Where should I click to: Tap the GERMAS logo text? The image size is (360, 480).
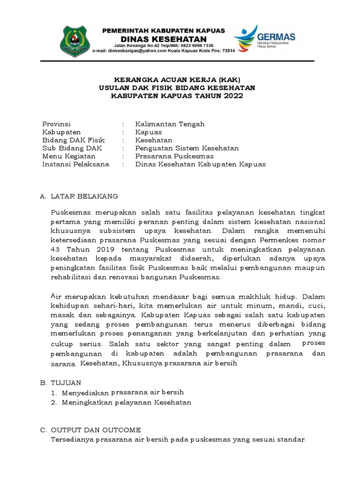277,36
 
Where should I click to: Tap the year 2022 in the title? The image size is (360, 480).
234,96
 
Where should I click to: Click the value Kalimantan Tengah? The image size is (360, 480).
170,124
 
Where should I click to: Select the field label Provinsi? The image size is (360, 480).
56,124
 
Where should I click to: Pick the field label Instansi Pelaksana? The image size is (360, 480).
75,164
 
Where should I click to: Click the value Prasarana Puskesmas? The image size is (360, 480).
174,156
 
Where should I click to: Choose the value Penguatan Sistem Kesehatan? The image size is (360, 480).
187,148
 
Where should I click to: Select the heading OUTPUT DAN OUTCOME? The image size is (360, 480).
96,430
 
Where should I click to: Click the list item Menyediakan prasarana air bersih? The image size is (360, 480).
123,392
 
